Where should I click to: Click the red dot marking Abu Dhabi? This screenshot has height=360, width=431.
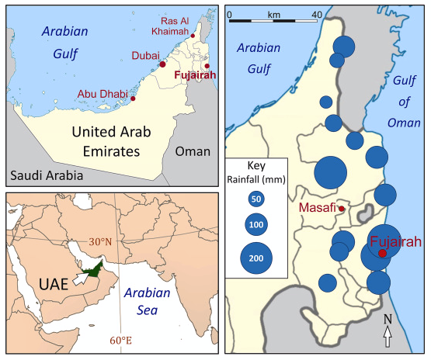(x=134, y=99)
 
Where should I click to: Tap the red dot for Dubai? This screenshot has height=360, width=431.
(x=162, y=64)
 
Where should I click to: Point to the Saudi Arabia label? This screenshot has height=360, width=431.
(x=44, y=175)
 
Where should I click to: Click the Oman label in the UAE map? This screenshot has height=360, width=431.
(x=193, y=153)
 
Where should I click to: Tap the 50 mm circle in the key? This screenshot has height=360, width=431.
(x=255, y=199)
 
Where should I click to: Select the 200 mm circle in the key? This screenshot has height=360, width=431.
(x=255, y=258)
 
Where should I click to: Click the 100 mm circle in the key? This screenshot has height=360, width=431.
(x=255, y=225)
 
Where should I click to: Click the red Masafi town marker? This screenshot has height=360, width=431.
(x=342, y=209)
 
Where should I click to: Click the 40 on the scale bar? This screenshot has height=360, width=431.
(x=316, y=15)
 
